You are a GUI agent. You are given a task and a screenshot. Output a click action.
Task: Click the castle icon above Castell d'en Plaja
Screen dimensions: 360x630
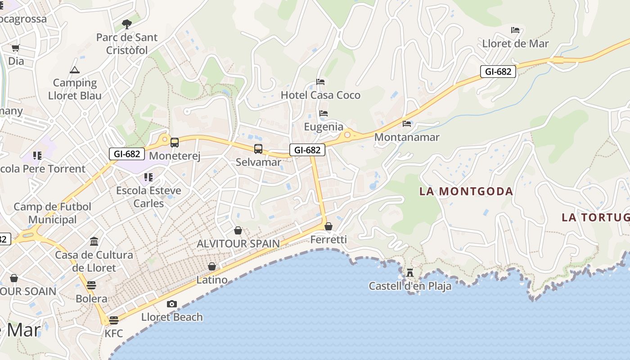[409, 272]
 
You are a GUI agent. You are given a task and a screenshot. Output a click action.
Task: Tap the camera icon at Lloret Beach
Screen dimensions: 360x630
[172, 304]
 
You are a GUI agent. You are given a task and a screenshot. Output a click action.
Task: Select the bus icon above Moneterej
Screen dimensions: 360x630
[174, 143]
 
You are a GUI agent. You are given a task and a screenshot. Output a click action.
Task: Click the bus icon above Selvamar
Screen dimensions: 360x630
[258, 148]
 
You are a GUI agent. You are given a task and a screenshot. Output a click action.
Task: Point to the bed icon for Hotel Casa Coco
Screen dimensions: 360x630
[320, 82]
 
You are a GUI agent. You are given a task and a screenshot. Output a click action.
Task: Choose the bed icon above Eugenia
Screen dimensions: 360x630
[324, 113]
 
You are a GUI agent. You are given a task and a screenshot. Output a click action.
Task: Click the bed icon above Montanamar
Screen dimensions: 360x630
[407, 124]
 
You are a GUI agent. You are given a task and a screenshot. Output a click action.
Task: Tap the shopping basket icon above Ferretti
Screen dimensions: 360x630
[328, 226]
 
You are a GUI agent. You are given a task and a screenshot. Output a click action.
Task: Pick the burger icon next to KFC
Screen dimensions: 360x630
[113, 320]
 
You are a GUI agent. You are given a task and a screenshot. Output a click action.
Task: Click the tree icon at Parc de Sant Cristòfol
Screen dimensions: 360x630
[127, 24]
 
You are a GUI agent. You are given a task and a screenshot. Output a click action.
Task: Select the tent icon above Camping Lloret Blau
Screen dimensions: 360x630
[75, 70]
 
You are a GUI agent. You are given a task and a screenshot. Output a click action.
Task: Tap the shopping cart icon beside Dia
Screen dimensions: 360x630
[15, 48]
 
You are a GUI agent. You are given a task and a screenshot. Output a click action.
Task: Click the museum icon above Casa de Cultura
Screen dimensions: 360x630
[94, 242]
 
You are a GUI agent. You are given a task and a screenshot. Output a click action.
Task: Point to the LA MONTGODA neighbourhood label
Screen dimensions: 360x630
[466, 191]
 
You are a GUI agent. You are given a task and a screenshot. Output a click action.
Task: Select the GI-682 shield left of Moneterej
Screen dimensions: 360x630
[127, 153]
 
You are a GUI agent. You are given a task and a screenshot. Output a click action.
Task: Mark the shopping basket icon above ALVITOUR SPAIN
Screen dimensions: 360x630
[238, 231]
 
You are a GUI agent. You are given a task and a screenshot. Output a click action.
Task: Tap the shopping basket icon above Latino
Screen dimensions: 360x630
[212, 267]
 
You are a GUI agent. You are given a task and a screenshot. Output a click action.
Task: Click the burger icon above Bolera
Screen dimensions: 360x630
[91, 285]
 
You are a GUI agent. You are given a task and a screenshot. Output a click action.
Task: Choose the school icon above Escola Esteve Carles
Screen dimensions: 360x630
[148, 177]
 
